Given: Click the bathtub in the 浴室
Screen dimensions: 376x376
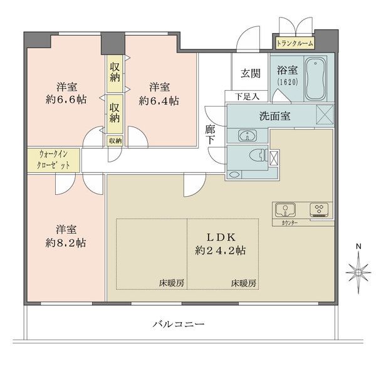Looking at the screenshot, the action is [x=316, y=79].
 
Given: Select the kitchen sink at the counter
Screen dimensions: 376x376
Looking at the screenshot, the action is [x=285, y=209].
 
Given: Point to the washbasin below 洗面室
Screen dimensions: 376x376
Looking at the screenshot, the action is [x=248, y=136].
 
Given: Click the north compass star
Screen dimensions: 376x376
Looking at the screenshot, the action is [x=358, y=273].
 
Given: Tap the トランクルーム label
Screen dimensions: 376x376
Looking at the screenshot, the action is [x=295, y=44].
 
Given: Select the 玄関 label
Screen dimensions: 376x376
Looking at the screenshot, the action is [x=250, y=73].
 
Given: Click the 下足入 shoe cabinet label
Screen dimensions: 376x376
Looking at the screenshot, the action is [x=247, y=97].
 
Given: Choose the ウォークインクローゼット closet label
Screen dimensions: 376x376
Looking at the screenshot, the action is [x=53, y=159].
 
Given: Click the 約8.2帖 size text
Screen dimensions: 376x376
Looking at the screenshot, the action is [x=66, y=243].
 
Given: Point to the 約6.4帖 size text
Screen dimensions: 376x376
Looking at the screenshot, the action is [x=159, y=101].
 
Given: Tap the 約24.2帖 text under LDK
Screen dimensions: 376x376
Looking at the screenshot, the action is [x=221, y=251].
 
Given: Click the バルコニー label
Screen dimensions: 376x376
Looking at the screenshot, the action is [x=179, y=325].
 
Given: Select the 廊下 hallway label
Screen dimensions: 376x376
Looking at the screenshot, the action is [x=210, y=134].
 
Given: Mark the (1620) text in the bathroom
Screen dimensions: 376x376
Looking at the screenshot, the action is [x=287, y=82].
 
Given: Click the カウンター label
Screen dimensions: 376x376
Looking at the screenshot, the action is [x=290, y=223].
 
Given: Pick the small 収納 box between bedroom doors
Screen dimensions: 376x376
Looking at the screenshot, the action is [x=115, y=141].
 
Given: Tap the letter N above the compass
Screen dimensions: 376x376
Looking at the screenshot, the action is [x=358, y=246].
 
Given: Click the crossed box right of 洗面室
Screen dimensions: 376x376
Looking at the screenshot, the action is [x=325, y=115].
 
